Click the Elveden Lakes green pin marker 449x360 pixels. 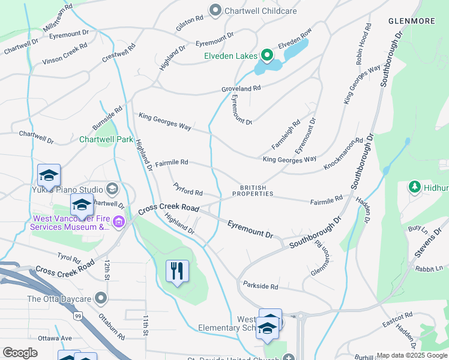(266, 56)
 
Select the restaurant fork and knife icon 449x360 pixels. (177, 271)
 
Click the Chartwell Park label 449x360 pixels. (106, 139)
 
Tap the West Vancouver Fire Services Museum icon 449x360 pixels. (119, 224)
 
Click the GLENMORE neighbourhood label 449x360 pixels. (411, 21)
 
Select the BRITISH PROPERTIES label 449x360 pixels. (253, 190)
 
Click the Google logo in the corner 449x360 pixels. (20, 352)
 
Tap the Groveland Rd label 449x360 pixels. (241, 88)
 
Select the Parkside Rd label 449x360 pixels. (261, 286)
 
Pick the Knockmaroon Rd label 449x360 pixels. (343, 153)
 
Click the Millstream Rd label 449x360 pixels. (58, 18)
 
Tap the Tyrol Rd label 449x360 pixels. (69, 258)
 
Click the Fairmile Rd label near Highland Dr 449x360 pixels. (172, 163)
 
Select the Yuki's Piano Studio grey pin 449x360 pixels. (112, 190)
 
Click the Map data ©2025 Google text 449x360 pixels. (412, 355)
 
